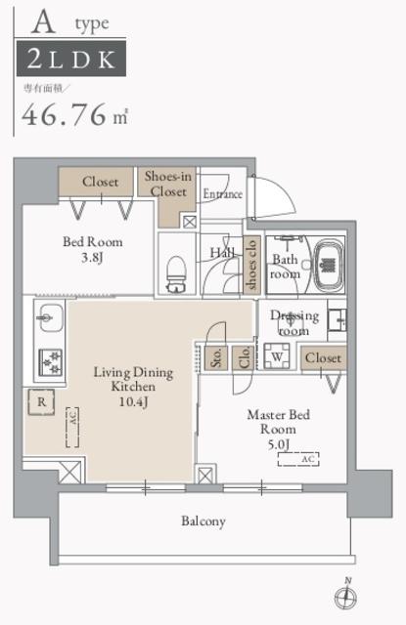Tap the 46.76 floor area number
(67, 115)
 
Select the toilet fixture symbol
(177, 272)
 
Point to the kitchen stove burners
(48, 360)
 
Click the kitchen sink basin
(49, 317)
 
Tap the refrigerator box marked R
(41, 399)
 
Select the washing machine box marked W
(278, 358)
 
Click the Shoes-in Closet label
(168, 183)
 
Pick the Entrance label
(222, 194)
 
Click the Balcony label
(203, 521)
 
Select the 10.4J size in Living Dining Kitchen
(133, 402)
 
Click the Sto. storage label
(215, 356)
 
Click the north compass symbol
(345, 595)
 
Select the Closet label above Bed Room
(100, 182)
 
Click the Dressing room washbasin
(337, 318)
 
